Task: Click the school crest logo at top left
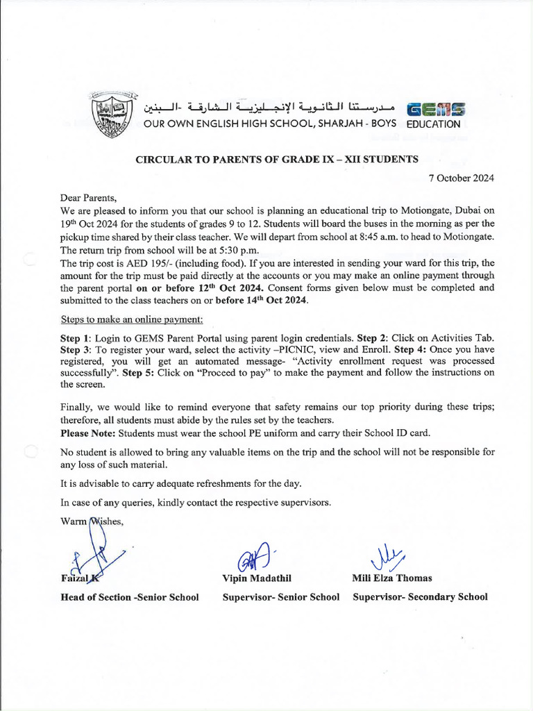coord(112,111)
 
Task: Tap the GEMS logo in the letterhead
coord(435,110)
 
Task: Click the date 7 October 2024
coord(461,178)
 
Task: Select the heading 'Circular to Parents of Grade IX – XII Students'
coord(276,159)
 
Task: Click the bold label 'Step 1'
coord(75,337)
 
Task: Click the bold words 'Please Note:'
coord(88,433)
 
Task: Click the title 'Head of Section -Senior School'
coord(130,596)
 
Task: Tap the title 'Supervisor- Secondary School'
coord(420,596)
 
